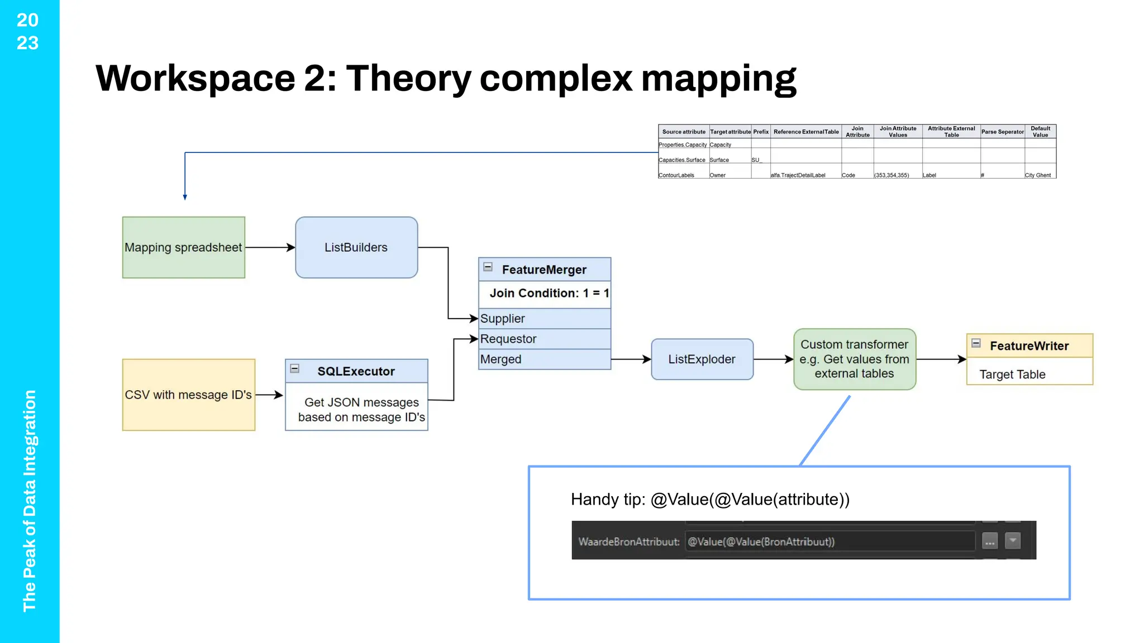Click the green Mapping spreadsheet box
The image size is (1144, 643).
point(183,247)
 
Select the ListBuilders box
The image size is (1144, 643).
point(356,247)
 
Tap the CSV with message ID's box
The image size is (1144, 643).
point(188,395)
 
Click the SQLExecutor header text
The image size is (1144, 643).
point(356,371)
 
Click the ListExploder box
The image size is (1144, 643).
point(702,359)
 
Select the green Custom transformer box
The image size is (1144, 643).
point(854,359)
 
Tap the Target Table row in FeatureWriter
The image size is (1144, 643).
point(1012,375)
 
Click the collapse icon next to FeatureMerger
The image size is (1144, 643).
point(488,267)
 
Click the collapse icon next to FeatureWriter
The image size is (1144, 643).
point(976,343)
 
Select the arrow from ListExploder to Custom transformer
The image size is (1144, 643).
point(773,359)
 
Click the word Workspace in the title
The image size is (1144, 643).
point(195,78)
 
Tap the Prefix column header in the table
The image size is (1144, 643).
point(760,132)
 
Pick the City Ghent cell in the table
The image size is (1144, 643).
point(1037,175)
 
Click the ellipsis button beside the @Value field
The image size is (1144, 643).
point(989,541)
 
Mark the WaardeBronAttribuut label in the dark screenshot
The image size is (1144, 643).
point(628,541)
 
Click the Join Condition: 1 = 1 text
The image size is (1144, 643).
point(549,293)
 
